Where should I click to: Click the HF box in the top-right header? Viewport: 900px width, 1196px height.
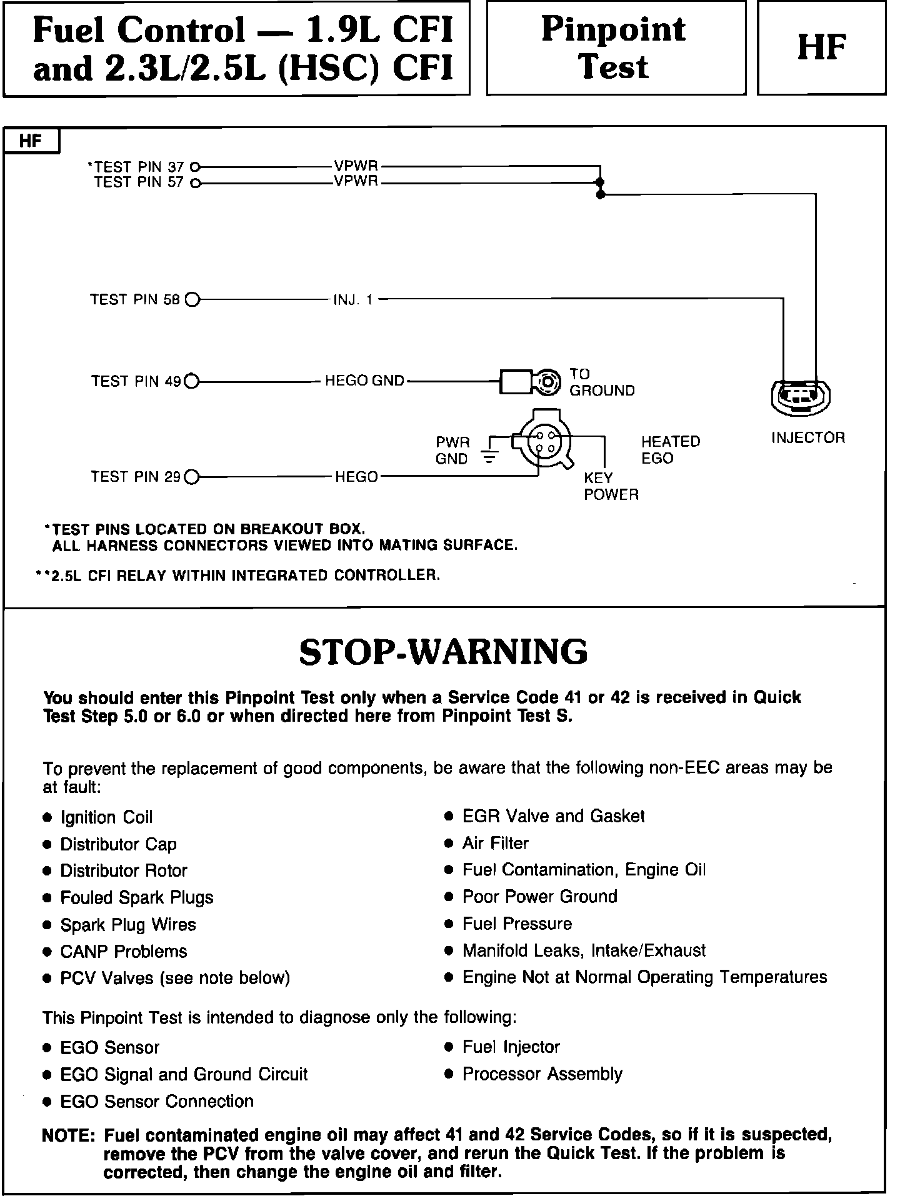821,48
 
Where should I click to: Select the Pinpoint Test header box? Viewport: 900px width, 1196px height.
616,48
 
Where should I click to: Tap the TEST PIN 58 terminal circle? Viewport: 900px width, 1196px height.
192,300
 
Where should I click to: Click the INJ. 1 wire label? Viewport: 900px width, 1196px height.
353,300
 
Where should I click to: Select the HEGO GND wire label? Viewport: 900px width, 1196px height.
364,381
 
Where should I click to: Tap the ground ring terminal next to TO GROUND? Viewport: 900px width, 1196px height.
547,381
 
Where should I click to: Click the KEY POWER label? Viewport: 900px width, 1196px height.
611,486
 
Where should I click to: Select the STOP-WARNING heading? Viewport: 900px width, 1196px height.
443,652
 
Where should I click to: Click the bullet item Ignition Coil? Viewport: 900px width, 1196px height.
106,817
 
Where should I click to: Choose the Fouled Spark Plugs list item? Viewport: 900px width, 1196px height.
136,898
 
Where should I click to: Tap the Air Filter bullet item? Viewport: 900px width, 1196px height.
495,844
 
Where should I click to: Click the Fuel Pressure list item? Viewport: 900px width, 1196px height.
517,924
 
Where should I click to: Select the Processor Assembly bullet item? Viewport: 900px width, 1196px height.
542,1074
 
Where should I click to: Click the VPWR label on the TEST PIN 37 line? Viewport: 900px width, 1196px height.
356,167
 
